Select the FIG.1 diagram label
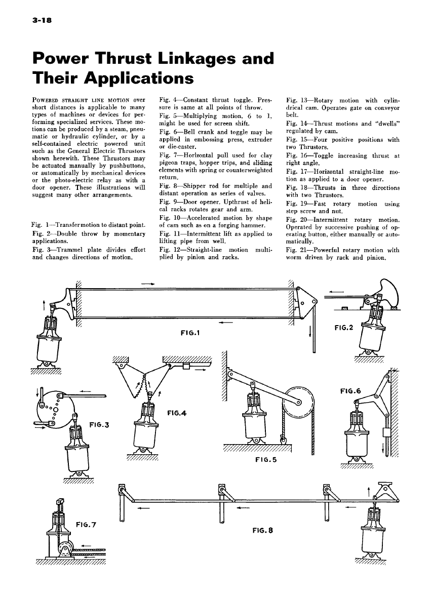coord(190,333)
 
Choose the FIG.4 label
coord(177,413)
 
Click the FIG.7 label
coord(87,524)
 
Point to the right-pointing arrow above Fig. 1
coord(148,284)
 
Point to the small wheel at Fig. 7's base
coord(65,548)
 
